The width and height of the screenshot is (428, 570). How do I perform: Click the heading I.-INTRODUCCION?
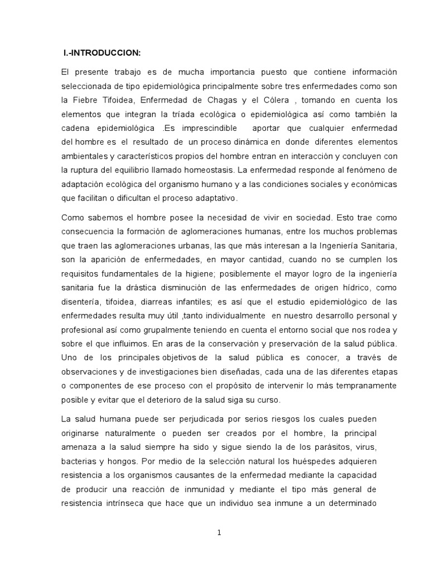[x=101, y=53]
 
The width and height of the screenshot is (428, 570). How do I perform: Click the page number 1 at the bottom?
[x=219, y=533]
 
